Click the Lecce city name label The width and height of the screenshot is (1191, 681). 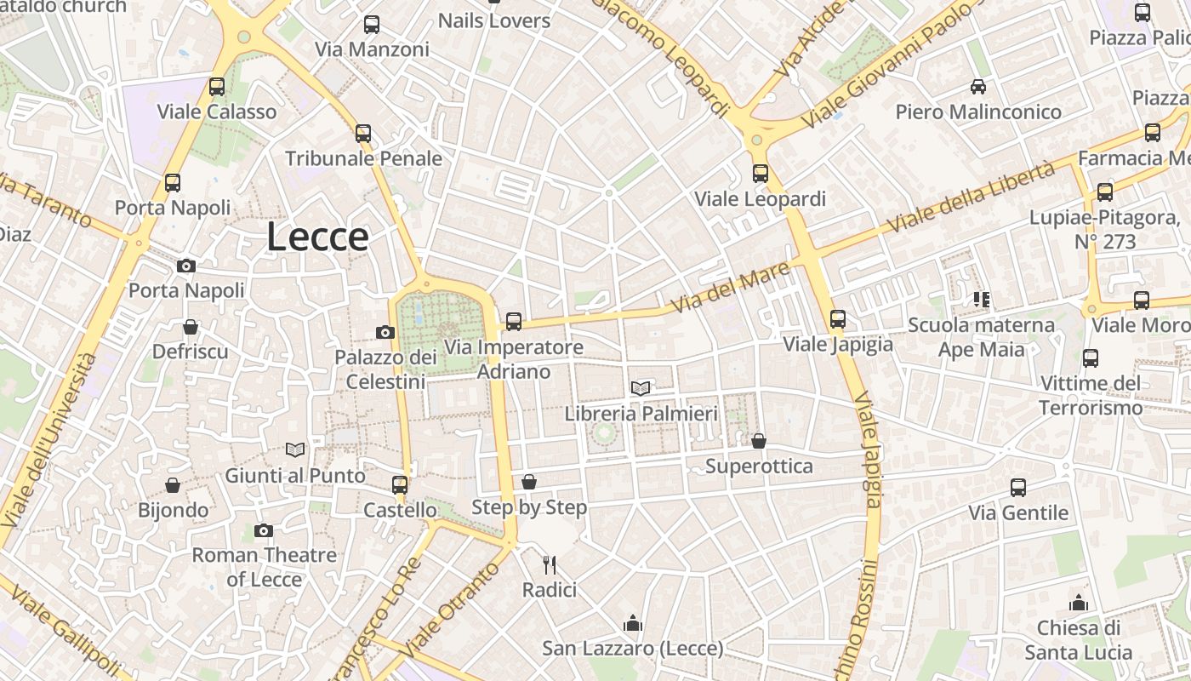click(317, 237)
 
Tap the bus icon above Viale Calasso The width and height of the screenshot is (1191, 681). click(216, 86)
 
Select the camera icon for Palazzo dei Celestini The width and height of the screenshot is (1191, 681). click(385, 332)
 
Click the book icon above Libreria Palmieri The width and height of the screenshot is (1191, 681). click(641, 389)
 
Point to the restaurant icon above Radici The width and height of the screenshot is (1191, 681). click(550, 564)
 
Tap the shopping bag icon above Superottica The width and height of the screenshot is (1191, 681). click(759, 441)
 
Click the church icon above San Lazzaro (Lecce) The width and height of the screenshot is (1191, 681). click(632, 623)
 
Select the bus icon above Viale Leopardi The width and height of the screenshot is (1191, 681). click(760, 174)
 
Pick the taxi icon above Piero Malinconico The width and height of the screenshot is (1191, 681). click(978, 86)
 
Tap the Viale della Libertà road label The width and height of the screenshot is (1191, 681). click(971, 197)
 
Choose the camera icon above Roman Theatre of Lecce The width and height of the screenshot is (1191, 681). click(264, 531)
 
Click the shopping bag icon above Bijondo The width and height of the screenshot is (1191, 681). click(173, 485)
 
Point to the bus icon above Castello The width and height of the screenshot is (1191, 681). click(400, 485)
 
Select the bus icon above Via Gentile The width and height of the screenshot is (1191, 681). click(1018, 488)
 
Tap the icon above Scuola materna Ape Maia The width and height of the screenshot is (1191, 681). click(982, 300)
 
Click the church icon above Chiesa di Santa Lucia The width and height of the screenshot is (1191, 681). click(1079, 603)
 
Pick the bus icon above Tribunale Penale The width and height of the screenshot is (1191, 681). click(363, 133)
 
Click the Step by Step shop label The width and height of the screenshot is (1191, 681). click(529, 507)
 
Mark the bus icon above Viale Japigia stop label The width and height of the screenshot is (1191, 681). click(838, 319)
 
